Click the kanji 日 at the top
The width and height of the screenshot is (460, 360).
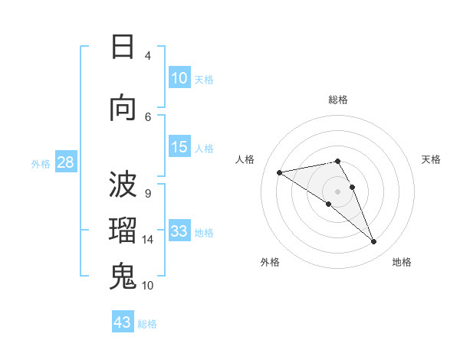[x=123, y=47]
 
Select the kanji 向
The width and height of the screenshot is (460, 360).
[x=123, y=108]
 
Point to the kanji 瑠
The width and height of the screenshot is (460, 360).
[x=123, y=231]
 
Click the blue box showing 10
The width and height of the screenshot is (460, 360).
[x=179, y=78]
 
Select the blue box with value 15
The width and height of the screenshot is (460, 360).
[x=179, y=148]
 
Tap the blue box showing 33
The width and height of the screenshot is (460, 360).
[x=179, y=232]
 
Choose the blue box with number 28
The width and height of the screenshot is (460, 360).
[x=65, y=163]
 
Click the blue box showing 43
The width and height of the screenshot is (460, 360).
[x=123, y=322]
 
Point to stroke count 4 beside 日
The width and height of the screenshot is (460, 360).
[x=148, y=56]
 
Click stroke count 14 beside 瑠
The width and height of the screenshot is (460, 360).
[x=148, y=240]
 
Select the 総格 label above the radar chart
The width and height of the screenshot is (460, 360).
[x=338, y=100]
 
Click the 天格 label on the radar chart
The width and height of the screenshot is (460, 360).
[x=431, y=159]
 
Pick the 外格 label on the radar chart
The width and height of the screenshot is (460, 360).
[x=270, y=262]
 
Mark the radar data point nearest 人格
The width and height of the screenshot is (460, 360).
[x=280, y=172]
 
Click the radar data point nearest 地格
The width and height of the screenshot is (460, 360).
[x=374, y=242]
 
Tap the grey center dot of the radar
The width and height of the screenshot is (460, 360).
[x=337, y=191]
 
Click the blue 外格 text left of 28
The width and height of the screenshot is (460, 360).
[x=41, y=164]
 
